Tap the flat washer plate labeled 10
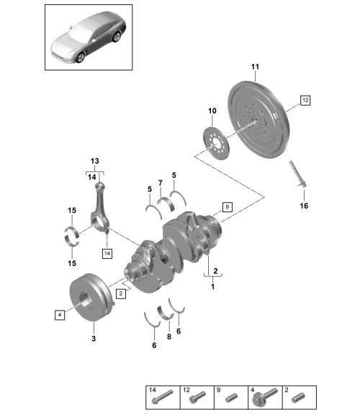click(x=217, y=144)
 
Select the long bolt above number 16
click(x=298, y=174)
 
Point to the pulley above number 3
click(x=91, y=297)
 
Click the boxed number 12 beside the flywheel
click(x=305, y=100)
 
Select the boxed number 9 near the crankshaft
click(x=228, y=207)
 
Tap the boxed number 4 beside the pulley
click(x=60, y=315)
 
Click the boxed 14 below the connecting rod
click(x=107, y=253)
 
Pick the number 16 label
click(x=304, y=206)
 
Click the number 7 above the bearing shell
click(x=161, y=183)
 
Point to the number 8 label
click(x=169, y=337)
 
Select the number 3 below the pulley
click(x=94, y=339)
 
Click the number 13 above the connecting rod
click(x=95, y=161)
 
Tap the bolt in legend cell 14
click(x=163, y=397)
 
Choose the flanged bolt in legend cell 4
click(x=265, y=397)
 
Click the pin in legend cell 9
click(x=232, y=398)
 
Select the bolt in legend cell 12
click(x=198, y=397)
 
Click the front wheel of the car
click(x=81, y=58)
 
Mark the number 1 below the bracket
click(x=212, y=287)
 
